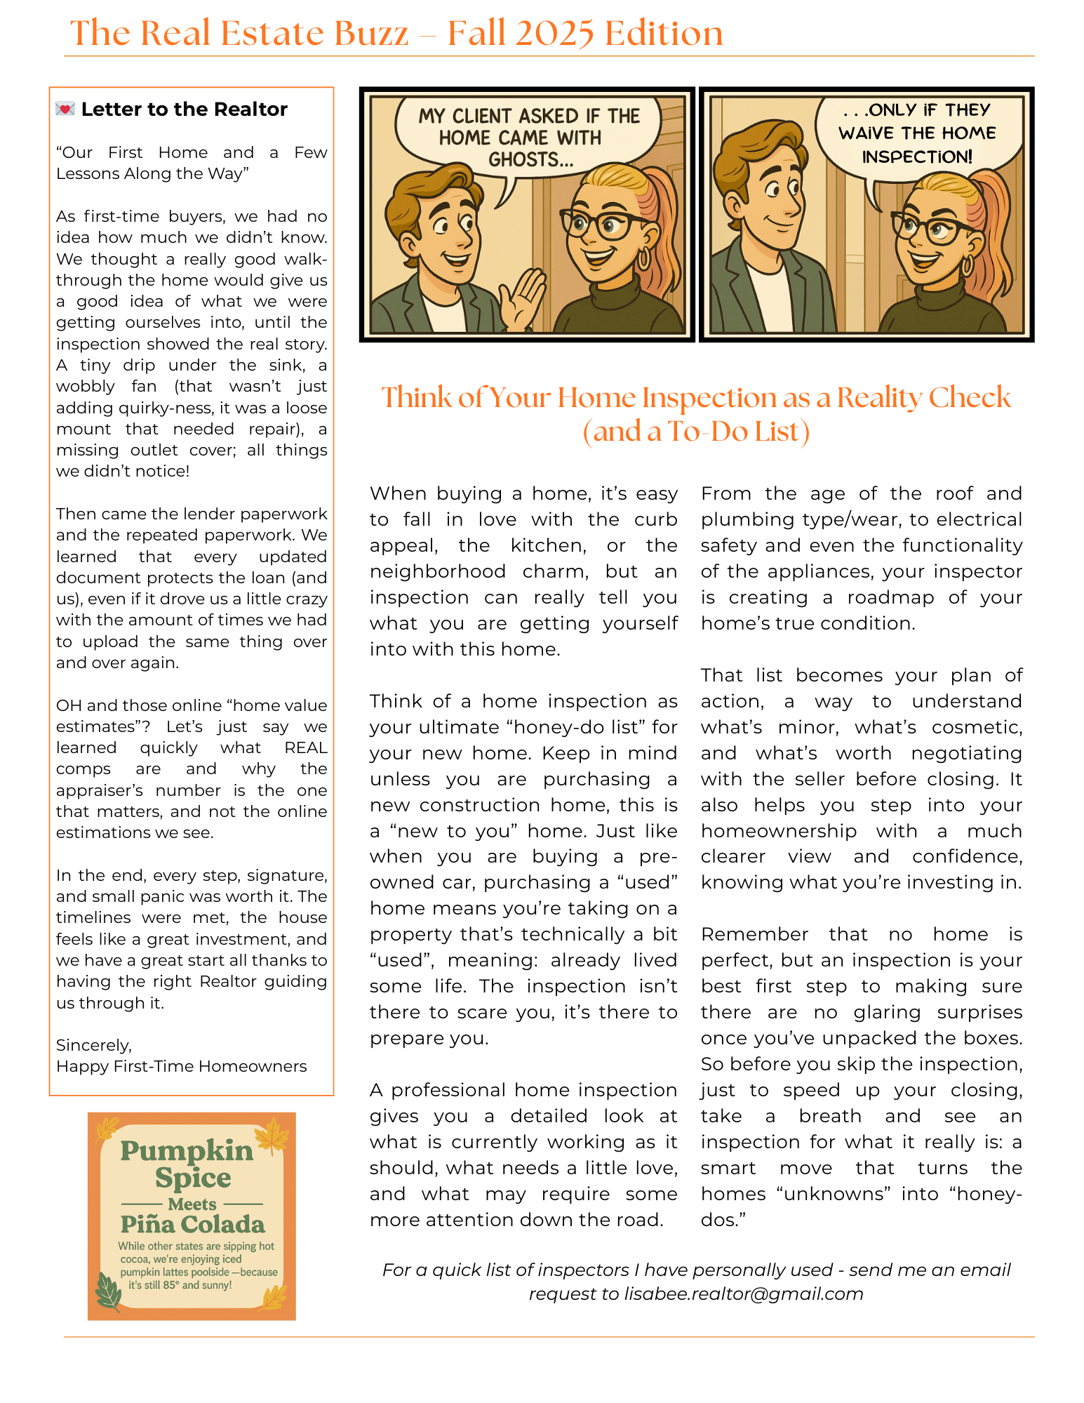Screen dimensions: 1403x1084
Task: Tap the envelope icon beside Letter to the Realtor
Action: (65, 109)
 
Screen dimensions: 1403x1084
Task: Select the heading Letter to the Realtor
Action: (184, 109)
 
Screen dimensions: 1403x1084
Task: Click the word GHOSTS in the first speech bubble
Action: (530, 160)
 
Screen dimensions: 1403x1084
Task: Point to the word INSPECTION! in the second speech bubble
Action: (917, 157)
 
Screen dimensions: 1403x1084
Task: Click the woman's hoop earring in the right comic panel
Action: (968, 265)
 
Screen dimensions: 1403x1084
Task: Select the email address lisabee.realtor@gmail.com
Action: (744, 1294)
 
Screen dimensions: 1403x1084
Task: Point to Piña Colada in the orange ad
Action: (192, 1225)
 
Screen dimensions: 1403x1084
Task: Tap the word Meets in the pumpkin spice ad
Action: (192, 1204)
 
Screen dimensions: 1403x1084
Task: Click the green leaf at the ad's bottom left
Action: (108, 1293)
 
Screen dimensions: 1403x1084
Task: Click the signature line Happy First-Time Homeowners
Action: (181, 1066)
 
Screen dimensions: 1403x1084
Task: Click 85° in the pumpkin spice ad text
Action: (171, 1285)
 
